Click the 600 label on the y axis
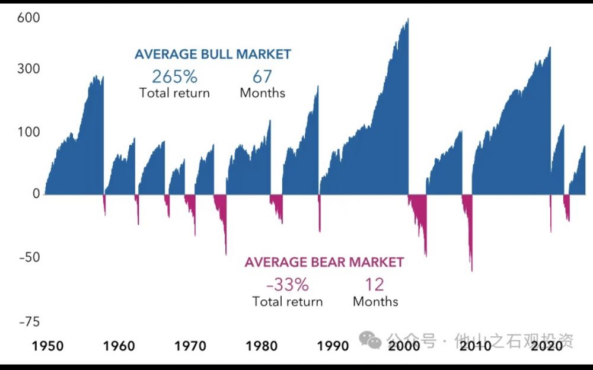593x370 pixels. point(28,18)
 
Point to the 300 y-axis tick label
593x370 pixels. point(28,69)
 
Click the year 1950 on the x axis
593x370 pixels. point(47,346)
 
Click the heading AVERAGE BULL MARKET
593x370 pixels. point(213,55)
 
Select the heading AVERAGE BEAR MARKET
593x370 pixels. point(324,262)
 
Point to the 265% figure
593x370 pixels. point(174,76)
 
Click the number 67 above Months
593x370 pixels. point(262,76)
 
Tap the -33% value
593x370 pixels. point(288,285)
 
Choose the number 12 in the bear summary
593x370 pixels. point(375,285)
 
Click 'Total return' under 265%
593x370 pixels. point(174,93)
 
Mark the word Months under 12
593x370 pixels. point(375,302)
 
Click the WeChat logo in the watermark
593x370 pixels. point(371,340)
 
